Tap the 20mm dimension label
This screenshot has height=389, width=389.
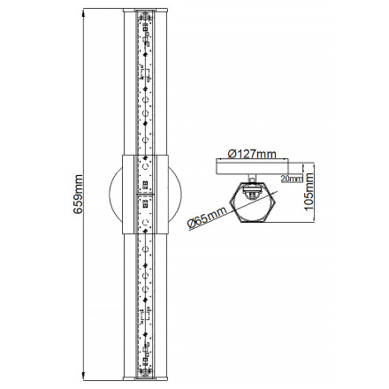(290, 176)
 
